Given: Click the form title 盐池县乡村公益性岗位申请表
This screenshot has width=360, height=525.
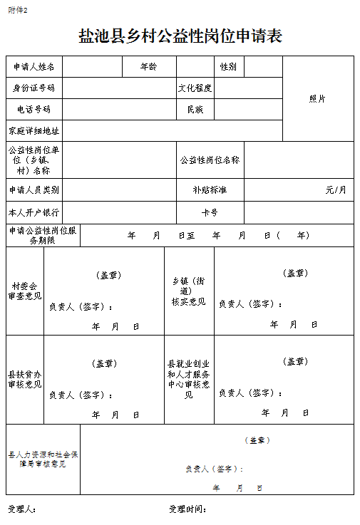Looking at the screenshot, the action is (x=180, y=36).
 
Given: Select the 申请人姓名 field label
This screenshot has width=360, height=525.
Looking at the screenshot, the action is (x=34, y=67).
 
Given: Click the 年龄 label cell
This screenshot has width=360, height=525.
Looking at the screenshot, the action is (x=148, y=67).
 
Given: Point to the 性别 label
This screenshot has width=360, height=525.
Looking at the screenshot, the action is (x=228, y=67).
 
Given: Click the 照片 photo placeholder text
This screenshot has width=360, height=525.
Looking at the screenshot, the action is (x=317, y=99).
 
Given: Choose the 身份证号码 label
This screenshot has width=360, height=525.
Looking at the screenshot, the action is (x=34, y=88).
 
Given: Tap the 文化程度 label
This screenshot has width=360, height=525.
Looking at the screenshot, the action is (x=195, y=88).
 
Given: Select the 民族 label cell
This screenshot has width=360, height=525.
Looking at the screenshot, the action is (x=195, y=110).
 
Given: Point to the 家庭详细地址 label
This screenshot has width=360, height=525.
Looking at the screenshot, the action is (x=34, y=131).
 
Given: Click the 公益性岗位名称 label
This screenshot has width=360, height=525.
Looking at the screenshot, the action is (x=210, y=160).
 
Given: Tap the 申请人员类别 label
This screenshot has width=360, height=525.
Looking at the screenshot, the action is (x=34, y=190).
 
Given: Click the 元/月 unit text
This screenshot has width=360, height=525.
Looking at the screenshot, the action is (x=336, y=190).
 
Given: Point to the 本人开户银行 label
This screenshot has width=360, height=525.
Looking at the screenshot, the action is (x=34, y=213).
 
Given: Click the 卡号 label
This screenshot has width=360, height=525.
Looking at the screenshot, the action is (x=210, y=213).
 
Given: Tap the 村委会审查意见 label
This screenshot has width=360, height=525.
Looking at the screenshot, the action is (x=25, y=291).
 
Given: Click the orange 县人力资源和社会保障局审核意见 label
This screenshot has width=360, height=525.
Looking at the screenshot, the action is (x=43, y=459).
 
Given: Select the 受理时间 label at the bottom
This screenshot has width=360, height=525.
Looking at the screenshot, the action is (x=187, y=509).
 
